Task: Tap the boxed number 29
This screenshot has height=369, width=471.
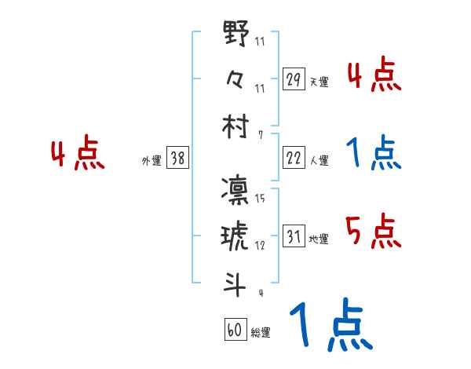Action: click(x=293, y=80)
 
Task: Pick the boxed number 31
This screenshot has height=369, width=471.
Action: click(x=293, y=236)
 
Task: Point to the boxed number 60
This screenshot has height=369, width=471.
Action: click(x=235, y=331)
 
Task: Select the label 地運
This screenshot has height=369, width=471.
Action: click(x=319, y=239)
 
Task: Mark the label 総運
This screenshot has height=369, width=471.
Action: click(x=261, y=333)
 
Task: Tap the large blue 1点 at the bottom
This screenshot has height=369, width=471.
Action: click(x=330, y=326)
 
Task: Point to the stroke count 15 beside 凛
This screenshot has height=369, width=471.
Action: click(x=259, y=200)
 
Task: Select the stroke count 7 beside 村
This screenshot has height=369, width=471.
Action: click(x=260, y=134)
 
